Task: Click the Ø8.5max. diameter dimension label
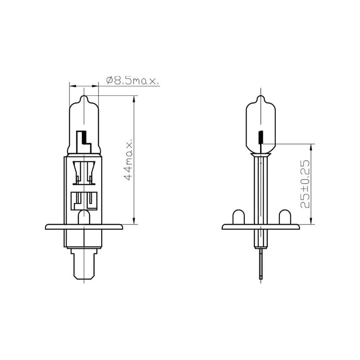coord(132,81)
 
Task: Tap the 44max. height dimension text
coord(128,160)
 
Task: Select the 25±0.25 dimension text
coord(305,184)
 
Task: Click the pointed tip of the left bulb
coord(84,95)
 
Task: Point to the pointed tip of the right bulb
coord(261,95)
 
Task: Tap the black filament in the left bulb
coord(85,138)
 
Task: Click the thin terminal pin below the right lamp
coord(261,264)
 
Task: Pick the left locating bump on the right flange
coord(238,217)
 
